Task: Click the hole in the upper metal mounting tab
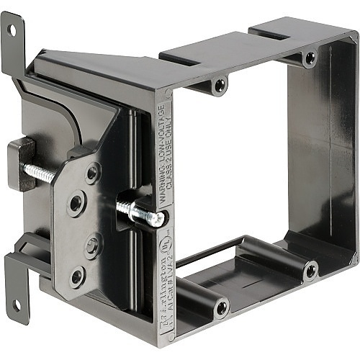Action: [12, 30]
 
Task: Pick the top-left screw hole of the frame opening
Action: [220, 86]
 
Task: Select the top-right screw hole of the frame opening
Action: [310, 57]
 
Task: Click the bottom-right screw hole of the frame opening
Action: [310, 271]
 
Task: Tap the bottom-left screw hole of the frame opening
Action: [221, 308]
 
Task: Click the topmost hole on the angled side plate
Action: [93, 172]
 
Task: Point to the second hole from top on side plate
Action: [76, 203]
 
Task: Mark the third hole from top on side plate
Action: [92, 246]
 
